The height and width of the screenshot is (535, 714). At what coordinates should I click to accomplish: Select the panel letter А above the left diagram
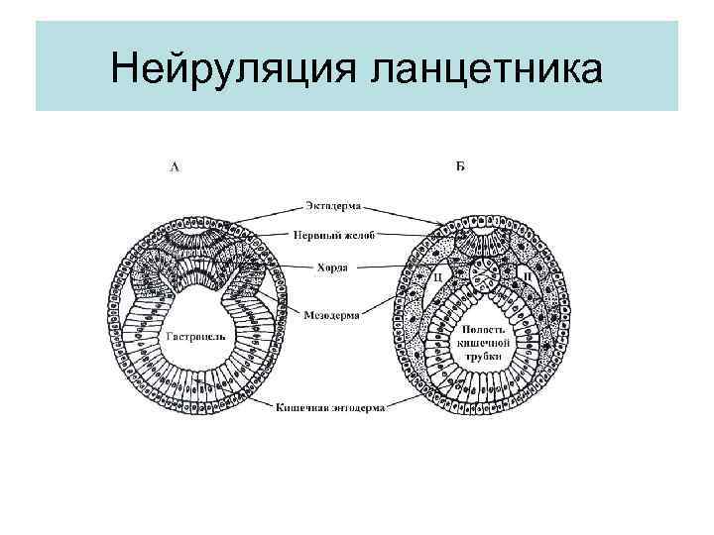pyautogui.click(x=176, y=167)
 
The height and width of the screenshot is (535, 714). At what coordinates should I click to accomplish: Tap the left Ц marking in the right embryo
pyautogui.click(x=437, y=278)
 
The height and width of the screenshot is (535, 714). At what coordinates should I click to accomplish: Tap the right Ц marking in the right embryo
pyautogui.click(x=527, y=278)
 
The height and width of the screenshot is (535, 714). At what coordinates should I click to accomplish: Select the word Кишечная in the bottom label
pyautogui.click(x=298, y=405)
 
